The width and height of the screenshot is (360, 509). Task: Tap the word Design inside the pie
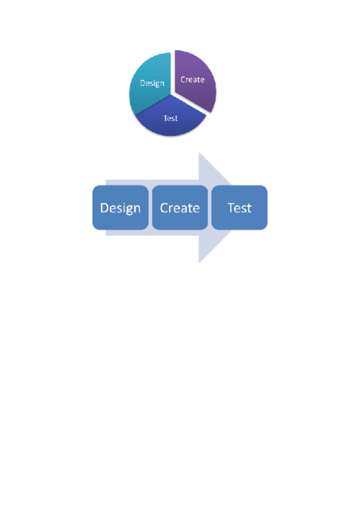pos(152,83)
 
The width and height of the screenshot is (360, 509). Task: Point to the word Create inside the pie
pos(193,79)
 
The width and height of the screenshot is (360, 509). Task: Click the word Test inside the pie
pos(171,118)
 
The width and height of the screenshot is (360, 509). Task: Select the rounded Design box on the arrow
pos(120,208)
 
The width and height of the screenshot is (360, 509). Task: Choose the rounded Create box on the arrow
pos(180,208)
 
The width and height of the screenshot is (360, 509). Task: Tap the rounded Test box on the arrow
pos(239,208)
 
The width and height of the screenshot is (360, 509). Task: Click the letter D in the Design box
pos(105,208)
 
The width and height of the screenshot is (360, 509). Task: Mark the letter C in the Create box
pos(164,208)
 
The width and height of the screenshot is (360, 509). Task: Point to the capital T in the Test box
pos(231,208)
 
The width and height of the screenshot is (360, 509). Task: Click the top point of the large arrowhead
pos(199,152)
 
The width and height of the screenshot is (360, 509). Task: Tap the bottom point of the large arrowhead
pos(199,262)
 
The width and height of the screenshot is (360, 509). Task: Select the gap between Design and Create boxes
pos(150,208)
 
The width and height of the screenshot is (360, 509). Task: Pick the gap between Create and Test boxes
pos(209,208)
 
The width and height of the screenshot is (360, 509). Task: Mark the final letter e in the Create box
pos(196,209)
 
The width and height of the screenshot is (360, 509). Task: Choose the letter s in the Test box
pos(242,209)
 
